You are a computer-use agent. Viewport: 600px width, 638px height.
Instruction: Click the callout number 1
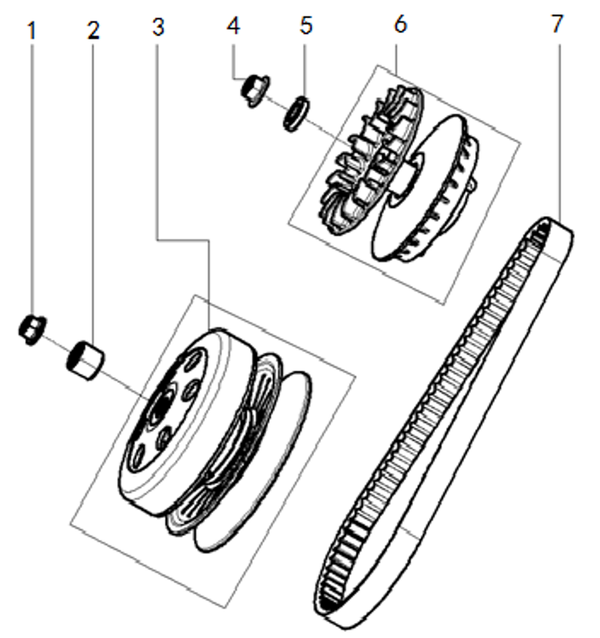pos(32,31)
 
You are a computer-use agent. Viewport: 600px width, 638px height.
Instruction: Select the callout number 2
pos(94,30)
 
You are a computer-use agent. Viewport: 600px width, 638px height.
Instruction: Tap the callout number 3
pos(158,27)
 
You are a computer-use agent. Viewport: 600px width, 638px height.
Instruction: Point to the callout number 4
pos(233,25)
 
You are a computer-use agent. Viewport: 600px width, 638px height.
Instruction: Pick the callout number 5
pos(306,25)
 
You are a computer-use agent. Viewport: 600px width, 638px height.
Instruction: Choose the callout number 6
pos(400,24)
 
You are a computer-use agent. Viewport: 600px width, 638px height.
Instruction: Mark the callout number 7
pos(557,24)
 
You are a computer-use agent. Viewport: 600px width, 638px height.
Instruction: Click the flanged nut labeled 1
pos(32,330)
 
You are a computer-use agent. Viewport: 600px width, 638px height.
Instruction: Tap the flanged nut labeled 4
pos(254,90)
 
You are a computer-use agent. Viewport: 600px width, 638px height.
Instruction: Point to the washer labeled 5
pos(296,113)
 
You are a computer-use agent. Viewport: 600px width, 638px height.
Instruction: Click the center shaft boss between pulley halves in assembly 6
pos(408,173)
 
